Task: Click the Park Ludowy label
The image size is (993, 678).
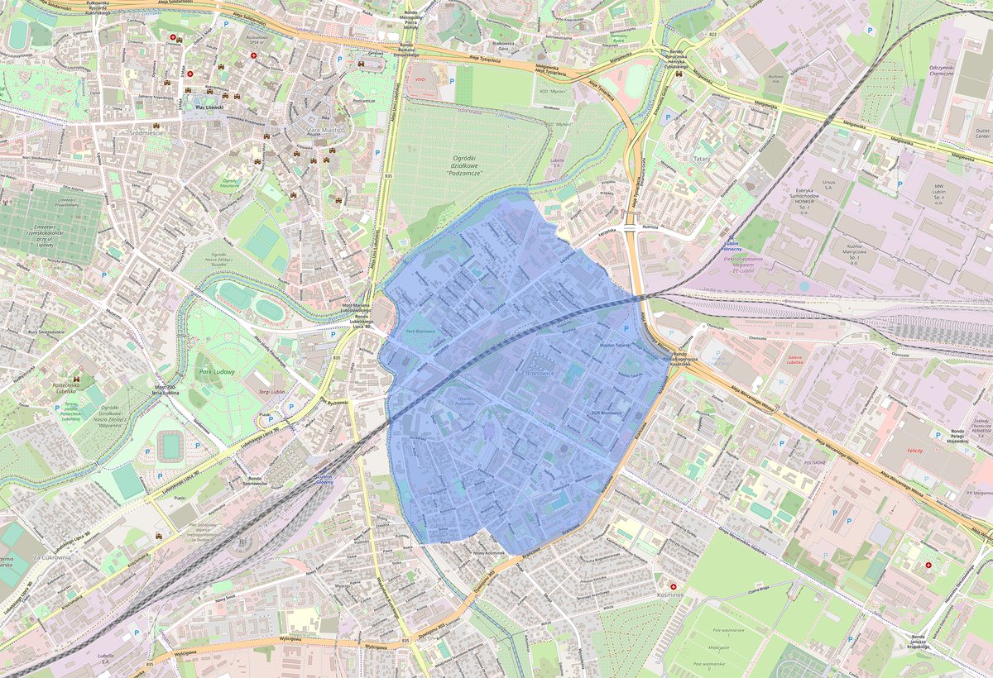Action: [218, 373]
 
